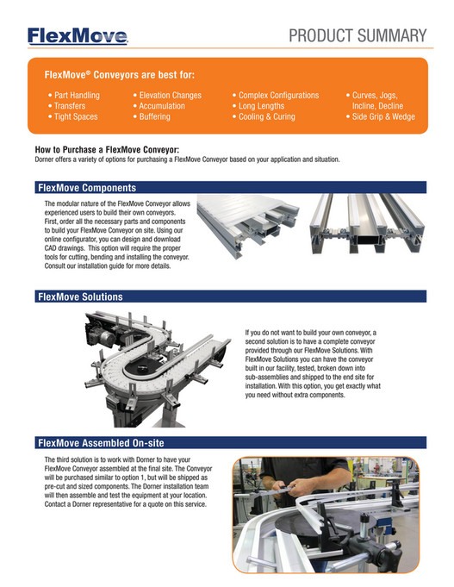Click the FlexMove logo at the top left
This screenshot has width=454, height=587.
pos(78,35)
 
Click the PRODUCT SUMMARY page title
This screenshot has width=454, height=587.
pos(358,35)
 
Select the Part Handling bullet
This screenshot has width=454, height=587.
pos(74,95)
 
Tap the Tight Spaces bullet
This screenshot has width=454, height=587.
pos(73,116)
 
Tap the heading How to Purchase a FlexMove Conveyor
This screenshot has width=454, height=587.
pos(107,150)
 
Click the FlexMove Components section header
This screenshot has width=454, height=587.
pos(86,187)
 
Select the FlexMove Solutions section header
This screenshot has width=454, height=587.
pos(80,297)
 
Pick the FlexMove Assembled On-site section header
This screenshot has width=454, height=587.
pos(100,443)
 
